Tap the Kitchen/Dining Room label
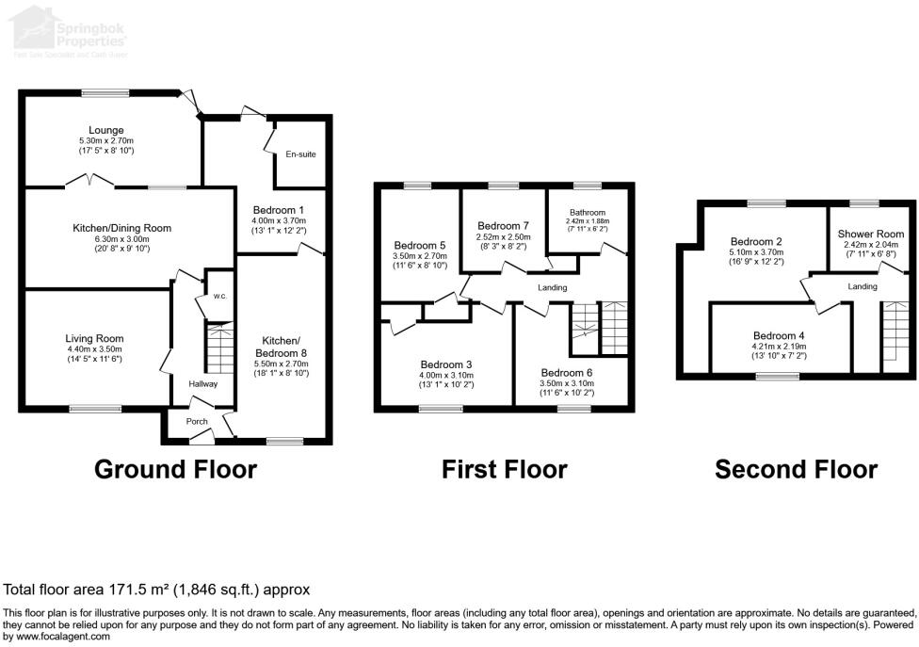point(122,227)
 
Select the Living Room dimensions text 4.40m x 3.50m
point(94,349)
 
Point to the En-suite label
point(300,154)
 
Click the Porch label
point(196,421)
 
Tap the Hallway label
point(202,383)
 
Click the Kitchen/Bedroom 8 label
point(281,346)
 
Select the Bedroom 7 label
point(504,226)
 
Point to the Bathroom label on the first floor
point(586,213)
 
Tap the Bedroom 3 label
point(445,364)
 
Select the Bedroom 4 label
point(780,335)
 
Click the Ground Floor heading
point(175,469)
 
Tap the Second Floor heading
point(796,469)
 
